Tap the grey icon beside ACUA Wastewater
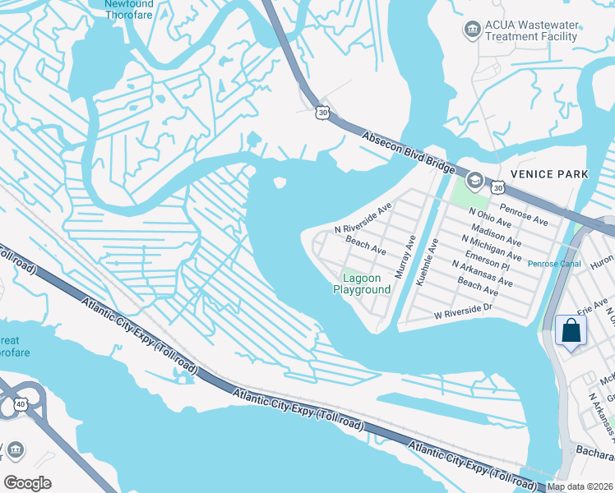pyautogui.click(x=472, y=30)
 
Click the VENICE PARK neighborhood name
pyautogui.click(x=549, y=174)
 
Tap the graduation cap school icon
pyautogui.click(x=474, y=180)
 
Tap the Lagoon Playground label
pyautogui.click(x=362, y=284)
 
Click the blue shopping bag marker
pyautogui.click(x=570, y=332)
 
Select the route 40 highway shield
pyautogui.click(x=21, y=403)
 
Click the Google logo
pyautogui.click(x=27, y=482)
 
